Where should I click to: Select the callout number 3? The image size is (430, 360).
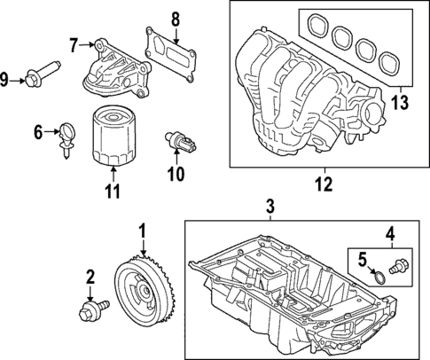click(270, 208)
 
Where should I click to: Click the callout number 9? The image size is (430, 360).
click(8, 81)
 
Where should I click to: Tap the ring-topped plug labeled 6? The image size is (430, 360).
click(67, 137)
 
